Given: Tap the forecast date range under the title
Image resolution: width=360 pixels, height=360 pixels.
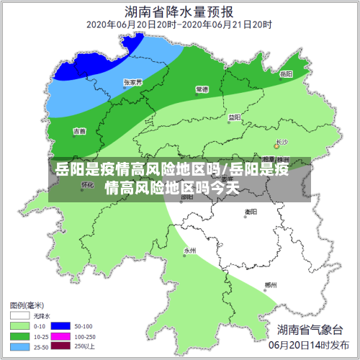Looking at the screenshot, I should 179,24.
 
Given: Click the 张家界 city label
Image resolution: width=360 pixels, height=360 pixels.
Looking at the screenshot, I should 132,82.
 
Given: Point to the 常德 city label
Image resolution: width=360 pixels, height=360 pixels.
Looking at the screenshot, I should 202,89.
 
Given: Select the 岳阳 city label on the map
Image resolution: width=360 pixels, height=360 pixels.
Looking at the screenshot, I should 286,73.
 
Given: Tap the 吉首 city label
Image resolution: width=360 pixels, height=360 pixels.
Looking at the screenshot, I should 79,131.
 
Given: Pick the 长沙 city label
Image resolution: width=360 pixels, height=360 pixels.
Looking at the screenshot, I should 281,141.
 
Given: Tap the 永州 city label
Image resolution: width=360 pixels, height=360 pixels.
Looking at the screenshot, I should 189,251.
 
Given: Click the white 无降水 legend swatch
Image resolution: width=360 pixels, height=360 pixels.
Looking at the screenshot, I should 19,315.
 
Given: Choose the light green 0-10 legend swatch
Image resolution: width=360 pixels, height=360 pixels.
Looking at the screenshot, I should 19,325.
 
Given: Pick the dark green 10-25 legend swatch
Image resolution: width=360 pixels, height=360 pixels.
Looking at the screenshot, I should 19,336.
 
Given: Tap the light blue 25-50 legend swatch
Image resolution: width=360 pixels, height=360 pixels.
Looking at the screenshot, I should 19,346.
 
